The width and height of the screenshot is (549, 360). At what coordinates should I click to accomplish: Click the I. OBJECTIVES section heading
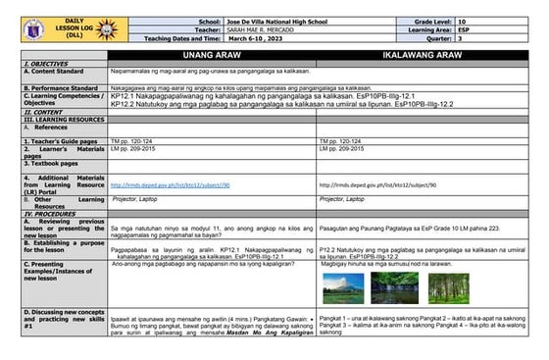point(45,65)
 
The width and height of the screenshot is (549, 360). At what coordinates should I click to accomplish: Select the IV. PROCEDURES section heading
point(49,214)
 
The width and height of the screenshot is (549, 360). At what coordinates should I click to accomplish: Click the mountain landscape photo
point(347,285)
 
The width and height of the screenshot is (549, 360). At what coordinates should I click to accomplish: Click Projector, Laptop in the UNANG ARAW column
point(136,199)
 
